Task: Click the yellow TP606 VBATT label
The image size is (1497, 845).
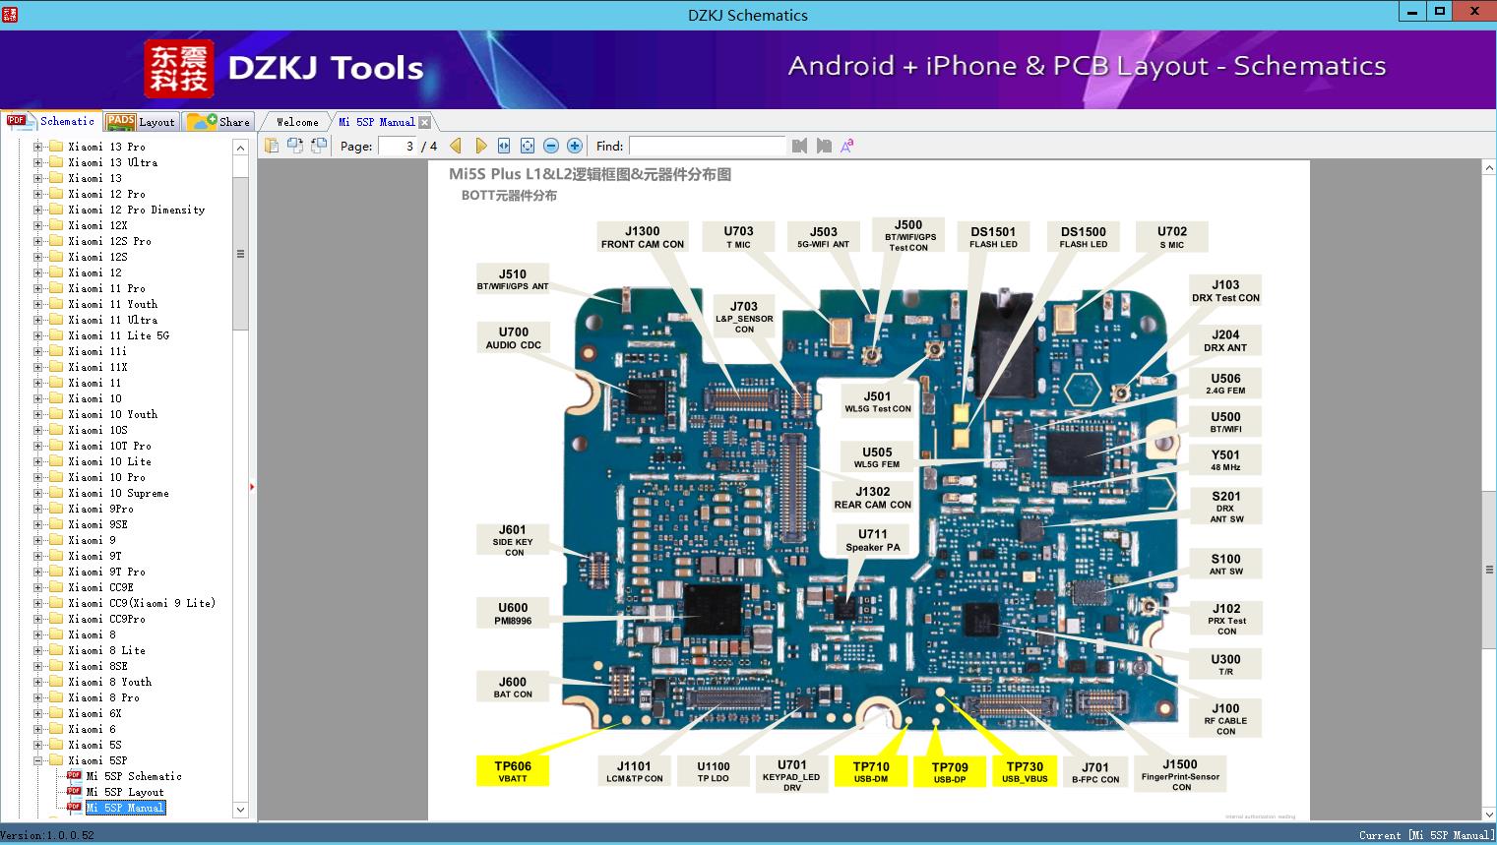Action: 512,771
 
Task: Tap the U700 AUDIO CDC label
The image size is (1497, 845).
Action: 513,338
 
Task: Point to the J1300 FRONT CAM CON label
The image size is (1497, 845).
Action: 643,237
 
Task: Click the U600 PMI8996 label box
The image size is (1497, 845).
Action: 513,614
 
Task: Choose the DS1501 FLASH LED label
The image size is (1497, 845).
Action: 993,237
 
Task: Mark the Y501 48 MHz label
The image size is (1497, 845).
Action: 1225,460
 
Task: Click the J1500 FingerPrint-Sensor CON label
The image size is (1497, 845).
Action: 1180,774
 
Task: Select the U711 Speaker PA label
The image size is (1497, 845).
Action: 872,540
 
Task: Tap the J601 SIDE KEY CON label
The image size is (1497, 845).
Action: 513,540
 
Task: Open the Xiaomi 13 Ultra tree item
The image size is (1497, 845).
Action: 112,162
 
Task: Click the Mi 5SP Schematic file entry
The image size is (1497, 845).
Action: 133,776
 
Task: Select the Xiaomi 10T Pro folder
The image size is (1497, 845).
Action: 109,446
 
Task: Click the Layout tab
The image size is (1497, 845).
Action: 143,122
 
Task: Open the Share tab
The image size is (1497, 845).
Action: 220,122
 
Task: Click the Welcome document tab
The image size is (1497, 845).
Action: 297,122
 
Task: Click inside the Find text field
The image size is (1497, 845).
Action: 707,146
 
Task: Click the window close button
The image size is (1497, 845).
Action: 1473,12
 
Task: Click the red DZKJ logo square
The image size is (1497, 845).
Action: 179,68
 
